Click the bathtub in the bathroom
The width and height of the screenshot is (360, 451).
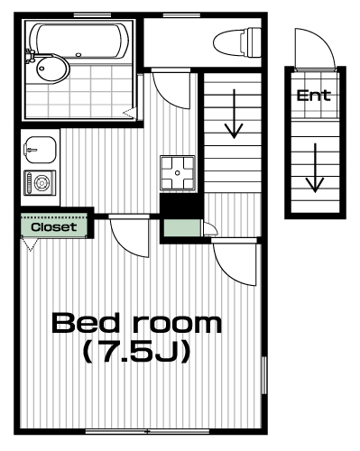tap(78, 41)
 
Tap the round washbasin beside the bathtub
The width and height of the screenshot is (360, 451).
tap(51, 69)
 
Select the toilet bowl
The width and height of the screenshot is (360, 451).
tap(237, 42)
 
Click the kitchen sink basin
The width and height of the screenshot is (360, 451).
tap(40, 150)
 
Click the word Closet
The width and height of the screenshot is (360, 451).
tap(54, 227)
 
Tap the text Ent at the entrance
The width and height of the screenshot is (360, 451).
tap(314, 96)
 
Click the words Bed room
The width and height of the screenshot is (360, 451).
tap(137, 323)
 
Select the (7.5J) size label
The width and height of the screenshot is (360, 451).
tap(137, 352)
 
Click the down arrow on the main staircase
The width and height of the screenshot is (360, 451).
tap(234, 114)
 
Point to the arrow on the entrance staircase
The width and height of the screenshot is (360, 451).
tap(315, 168)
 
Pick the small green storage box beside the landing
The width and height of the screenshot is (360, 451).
tap(182, 228)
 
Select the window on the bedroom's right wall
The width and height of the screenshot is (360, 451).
tap(264, 375)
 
